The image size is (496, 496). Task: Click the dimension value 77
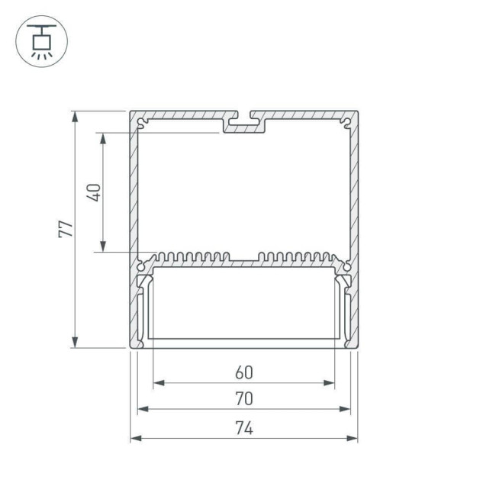click(x=66, y=229)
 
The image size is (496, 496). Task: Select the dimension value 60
click(x=243, y=372)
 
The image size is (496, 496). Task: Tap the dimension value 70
click(x=243, y=398)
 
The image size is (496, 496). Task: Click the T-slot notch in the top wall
click(x=243, y=121)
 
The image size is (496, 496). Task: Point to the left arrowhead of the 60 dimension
click(x=157, y=383)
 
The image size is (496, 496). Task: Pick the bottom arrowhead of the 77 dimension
click(x=75, y=343)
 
